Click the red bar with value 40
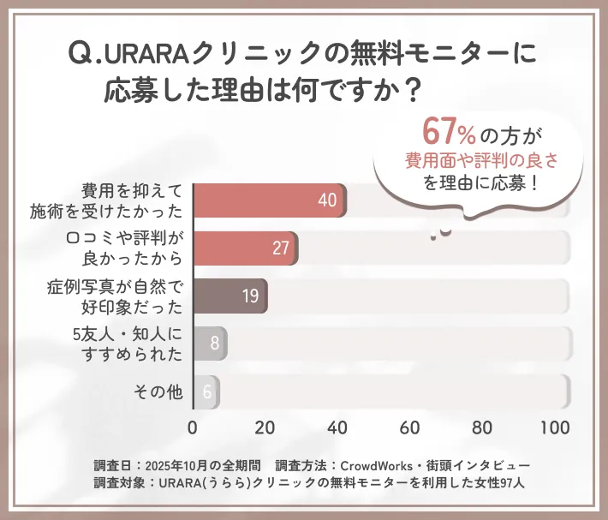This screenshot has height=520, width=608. coord(270,200)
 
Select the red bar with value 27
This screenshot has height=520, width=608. coord(246,248)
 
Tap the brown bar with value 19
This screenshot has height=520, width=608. coord(230,296)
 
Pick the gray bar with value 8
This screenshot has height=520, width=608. coord(210,344)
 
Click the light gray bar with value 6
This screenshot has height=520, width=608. coord(206,391)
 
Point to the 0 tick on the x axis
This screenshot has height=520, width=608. coord(193,427)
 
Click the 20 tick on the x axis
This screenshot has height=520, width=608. coord(265,427)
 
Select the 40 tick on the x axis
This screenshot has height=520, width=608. coord(338,427)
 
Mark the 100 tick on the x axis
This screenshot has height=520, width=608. coord(555,427)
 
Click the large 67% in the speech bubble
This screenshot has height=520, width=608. coord(450,132)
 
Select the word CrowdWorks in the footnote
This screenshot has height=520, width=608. coord(375,465)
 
